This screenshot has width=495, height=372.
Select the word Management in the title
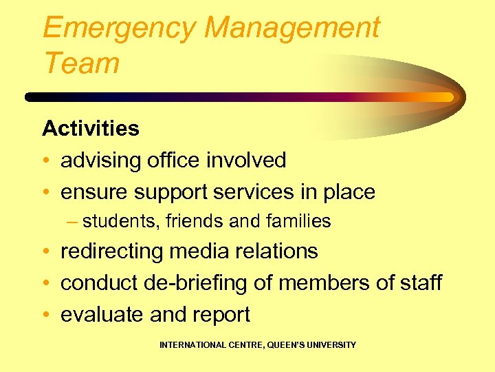291,28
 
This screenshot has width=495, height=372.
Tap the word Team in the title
81,63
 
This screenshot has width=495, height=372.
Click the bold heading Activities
91,128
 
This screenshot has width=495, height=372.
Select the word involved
247,161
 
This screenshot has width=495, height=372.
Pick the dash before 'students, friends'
73,221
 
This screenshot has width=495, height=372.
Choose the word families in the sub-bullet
298,221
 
